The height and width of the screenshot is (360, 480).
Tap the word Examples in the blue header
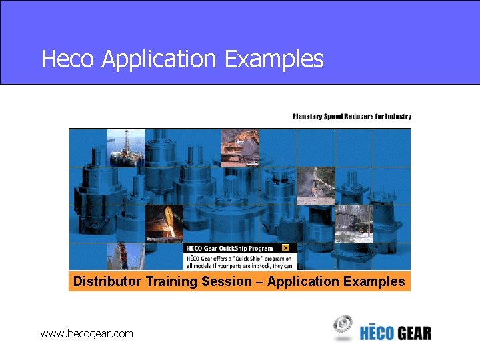(x=274, y=59)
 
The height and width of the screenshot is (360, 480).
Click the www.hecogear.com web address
(x=87, y=333)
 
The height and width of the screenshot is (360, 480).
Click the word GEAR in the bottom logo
(x=415, y=333)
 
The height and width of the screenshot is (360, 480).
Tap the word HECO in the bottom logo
(x=377, y=333)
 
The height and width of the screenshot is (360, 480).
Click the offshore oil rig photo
(x=125, y=147)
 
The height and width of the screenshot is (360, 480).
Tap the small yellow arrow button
(x=286, y=248)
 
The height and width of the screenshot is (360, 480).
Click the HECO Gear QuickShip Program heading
(x=230, y=248)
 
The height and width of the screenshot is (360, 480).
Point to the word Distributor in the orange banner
(x=107, y=281)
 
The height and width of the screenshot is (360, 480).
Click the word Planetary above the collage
(x=307, y=117)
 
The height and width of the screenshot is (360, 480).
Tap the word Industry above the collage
(x=398, y=117)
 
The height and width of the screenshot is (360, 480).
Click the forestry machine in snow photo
(x=353, y=225)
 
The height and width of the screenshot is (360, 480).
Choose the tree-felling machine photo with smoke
(x=315, y=185)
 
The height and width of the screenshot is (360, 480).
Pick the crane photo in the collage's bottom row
(x=125, y=257)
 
